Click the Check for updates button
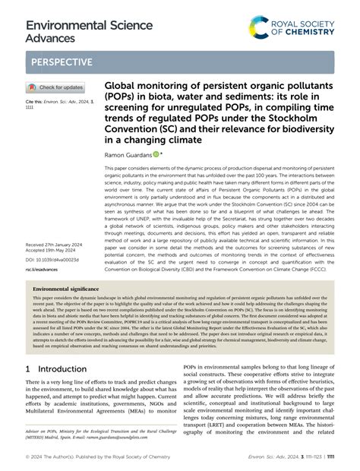pos(56,87)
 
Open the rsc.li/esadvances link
pos(44,268)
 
